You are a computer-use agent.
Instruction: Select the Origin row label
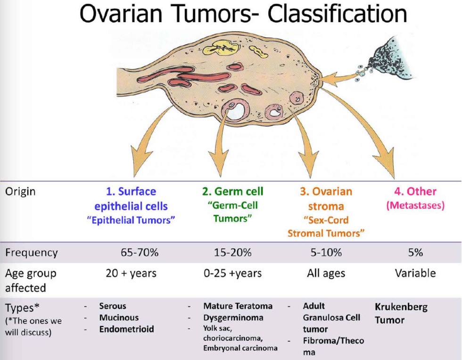[x=21, y=192]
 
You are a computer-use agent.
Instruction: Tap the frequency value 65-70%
[x=140, y=253]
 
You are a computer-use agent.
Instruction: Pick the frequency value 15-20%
[x=233, y=253]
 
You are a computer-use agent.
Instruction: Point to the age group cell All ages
[x=326, y=273]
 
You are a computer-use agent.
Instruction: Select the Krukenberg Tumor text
[x=401, y=313]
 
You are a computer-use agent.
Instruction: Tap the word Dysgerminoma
[x=233, y=317]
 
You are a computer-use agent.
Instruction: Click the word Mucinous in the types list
[x=119, y=317]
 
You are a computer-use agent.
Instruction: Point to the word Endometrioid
[x=126, y=329]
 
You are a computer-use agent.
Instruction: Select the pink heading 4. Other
[x=415, y=192]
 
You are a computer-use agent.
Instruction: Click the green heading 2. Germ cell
[x=233, y=191]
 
